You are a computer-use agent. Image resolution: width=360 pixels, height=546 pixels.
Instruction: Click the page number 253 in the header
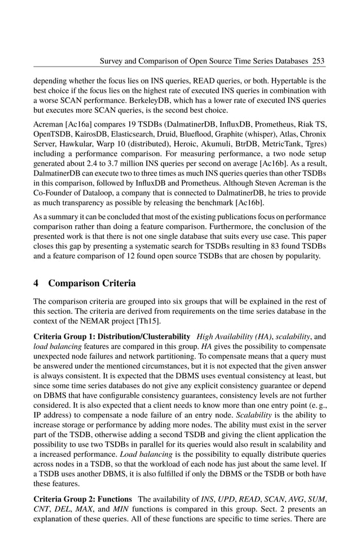[318, 60]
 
